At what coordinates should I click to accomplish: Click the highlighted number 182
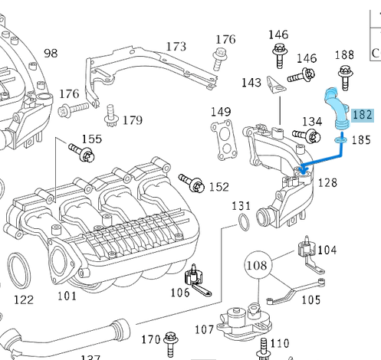coord(362,116)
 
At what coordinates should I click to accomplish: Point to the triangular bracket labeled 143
coord(274,89)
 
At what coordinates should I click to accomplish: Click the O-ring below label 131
coord(242,223)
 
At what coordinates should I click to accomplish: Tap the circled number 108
coord(258,267)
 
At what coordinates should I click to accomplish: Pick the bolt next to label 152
coord(192,182)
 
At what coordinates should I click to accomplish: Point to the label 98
coord(51,53)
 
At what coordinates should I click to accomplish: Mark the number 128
coord(327,182)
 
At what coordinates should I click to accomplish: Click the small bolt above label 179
coord(112,116)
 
